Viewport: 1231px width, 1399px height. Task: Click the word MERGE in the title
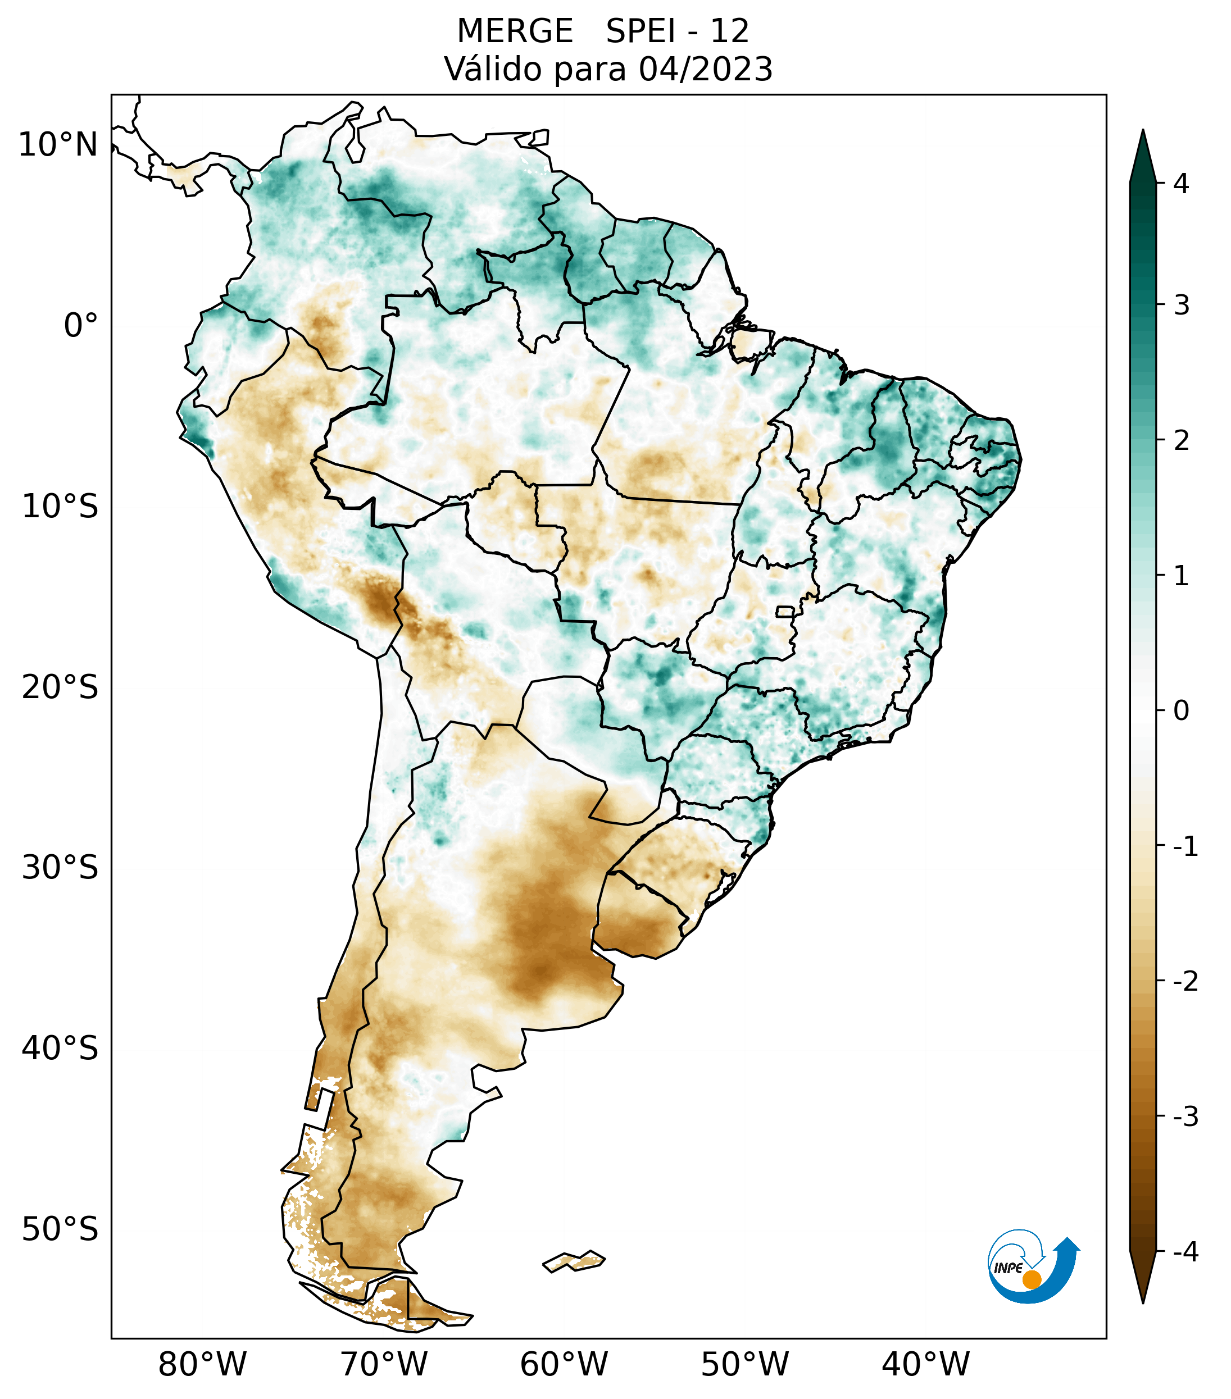(x=514, y=31)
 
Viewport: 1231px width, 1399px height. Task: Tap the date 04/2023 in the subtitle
(x=705, y=69)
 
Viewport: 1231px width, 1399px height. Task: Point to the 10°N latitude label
(x=58, y=145)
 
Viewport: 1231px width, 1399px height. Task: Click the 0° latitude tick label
(x=81, y=326)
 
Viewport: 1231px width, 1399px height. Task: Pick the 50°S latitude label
(x=60, y=1230)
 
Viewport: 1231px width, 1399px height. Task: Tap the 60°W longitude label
(x=564, y=1364)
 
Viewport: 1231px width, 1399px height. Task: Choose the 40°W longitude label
(x=925, y=1364)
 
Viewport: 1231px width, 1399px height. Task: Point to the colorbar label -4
(x=1185, y=1252)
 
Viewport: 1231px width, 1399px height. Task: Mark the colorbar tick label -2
(x=1185, y=982)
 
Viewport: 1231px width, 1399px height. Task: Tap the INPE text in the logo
(x=1008, y=1268)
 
